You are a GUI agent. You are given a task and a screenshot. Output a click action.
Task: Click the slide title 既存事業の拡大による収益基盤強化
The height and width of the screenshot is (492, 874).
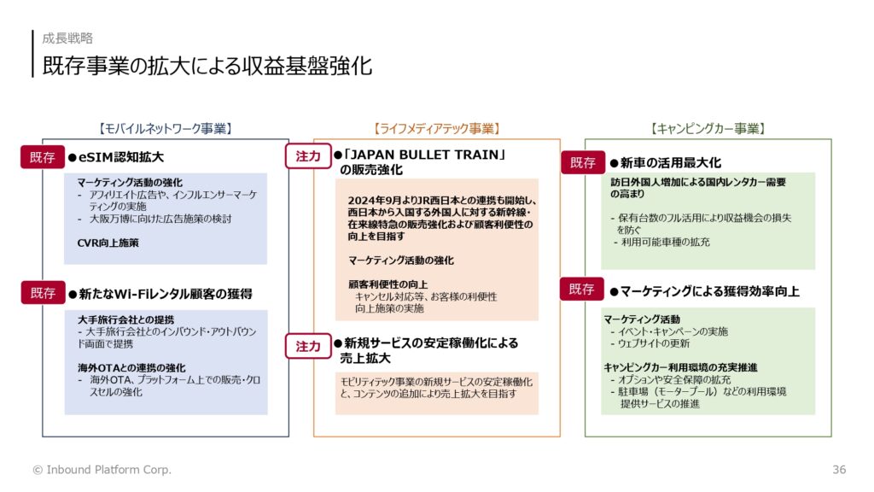pos(207,66)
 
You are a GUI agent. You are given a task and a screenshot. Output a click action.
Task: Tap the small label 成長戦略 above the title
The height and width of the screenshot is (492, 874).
pos(67,38)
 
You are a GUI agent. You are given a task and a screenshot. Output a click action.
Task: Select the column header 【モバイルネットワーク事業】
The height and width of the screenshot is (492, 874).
pos(166,129)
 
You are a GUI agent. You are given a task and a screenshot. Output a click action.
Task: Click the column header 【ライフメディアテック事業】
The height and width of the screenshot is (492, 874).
pos(437,129)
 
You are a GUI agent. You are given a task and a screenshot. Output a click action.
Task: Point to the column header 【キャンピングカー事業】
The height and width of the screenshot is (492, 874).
pos(708,129)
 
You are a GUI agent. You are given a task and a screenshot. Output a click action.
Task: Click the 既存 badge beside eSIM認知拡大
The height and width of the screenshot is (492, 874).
pos(43,157)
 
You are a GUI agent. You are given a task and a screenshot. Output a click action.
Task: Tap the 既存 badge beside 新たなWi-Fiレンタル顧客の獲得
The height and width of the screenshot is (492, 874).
pos(43,293)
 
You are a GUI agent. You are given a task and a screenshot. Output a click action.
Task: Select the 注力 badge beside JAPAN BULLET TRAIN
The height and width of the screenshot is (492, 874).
pos(308,156)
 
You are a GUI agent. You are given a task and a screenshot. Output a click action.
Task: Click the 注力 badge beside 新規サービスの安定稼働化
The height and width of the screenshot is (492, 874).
pos(308,347)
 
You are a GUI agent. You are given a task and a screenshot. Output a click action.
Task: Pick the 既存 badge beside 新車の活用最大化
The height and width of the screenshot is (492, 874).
pos(583,162)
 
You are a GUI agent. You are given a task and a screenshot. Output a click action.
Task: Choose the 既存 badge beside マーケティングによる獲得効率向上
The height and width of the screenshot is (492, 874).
pos(582,289)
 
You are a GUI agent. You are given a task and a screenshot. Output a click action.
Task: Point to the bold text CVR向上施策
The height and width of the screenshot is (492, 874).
pos(108,243)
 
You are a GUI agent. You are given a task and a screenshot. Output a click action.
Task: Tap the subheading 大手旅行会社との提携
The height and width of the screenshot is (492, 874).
pos(126,319)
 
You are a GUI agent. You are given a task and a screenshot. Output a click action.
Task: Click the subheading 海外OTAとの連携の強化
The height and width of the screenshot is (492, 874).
pos(131,367)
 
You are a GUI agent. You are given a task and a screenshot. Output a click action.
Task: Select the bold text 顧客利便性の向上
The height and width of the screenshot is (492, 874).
pos(388,284)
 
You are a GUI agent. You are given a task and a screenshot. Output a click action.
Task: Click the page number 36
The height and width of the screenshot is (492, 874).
pos(839,470)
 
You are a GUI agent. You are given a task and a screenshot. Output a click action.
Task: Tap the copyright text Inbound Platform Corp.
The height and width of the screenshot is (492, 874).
pos(108,470)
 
